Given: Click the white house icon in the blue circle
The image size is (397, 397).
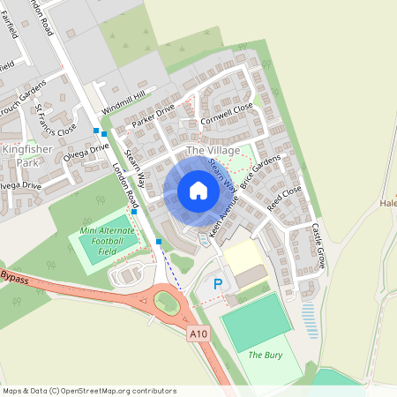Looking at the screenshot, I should point(198,190).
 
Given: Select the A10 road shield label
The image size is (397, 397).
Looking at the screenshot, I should point(198,333).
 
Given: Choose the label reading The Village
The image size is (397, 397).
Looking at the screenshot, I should point(213,152).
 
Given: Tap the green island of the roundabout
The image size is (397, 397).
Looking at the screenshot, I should point(167,302).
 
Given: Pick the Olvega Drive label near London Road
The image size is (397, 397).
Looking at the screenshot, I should point(87,149).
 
